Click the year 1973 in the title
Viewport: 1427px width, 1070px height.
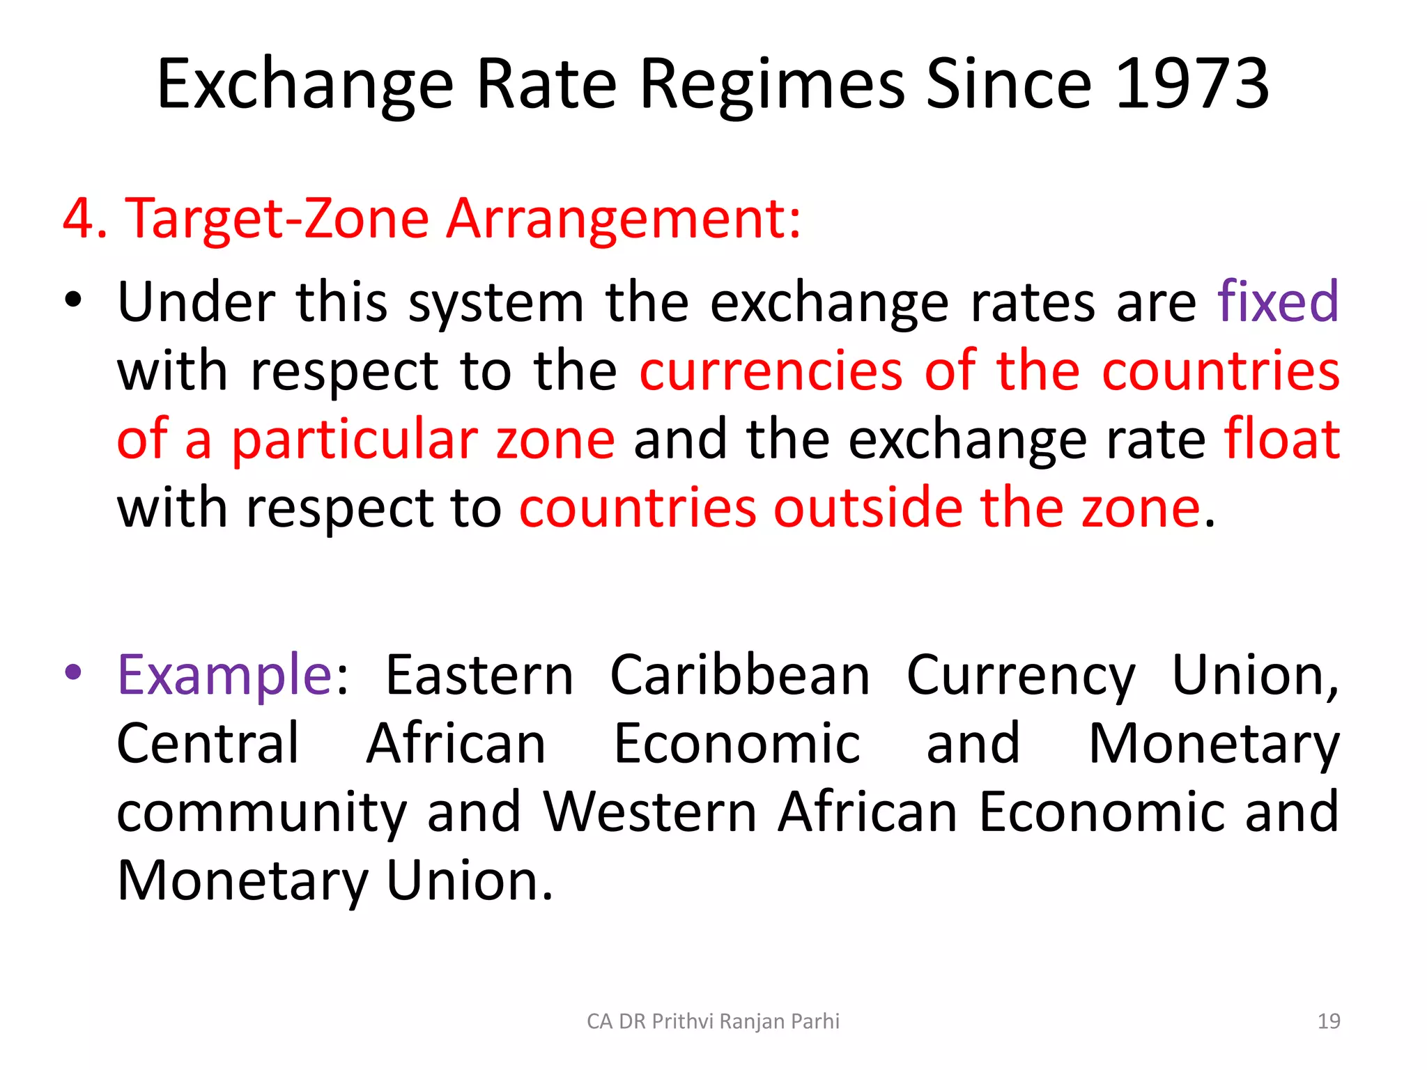point(1192,84)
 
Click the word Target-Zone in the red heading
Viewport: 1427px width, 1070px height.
point(276,219)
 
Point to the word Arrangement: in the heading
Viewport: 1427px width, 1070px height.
point(624,219)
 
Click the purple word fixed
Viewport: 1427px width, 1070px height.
point(1278,302)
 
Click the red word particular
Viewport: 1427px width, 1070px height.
point(354,440)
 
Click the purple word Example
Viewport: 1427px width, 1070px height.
point(225,675)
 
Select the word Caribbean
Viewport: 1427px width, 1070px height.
point(740,675)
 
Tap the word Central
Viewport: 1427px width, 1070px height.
point(208,743)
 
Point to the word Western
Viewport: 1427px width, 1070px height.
point(649,812)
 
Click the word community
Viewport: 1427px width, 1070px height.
point(261,813)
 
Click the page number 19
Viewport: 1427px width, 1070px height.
point(1329,1021)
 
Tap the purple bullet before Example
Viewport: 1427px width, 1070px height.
point(73,673)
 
